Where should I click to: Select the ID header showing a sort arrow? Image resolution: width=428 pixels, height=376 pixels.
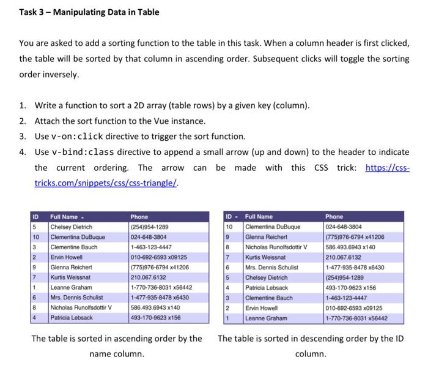click(231, 217)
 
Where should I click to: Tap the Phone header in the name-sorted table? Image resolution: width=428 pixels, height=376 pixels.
click(139, 217)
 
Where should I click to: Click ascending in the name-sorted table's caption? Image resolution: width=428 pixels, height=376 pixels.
click(129, 339)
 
